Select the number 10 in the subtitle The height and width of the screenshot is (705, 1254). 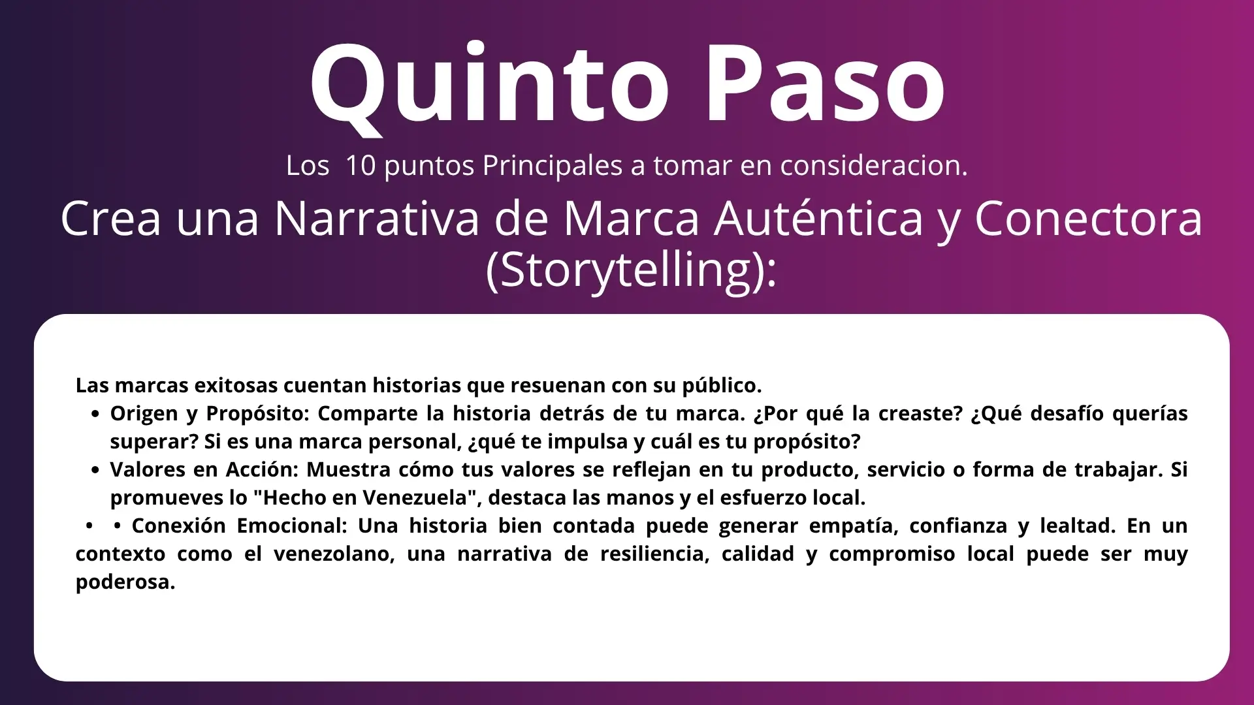pyautogui.click(x=361, y=165)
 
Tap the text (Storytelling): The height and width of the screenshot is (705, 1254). pyautogui.click(x=632, y=270)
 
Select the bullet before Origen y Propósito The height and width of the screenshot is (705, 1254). pyautogui.click(x=96, y=414)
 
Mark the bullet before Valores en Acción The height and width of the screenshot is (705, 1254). pyautogui.click(x=96, y=470)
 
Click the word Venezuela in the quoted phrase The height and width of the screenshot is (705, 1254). pyautogui.click(x=418, y=497)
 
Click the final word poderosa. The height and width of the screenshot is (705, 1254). pyautogui.click(x=125, y=582)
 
